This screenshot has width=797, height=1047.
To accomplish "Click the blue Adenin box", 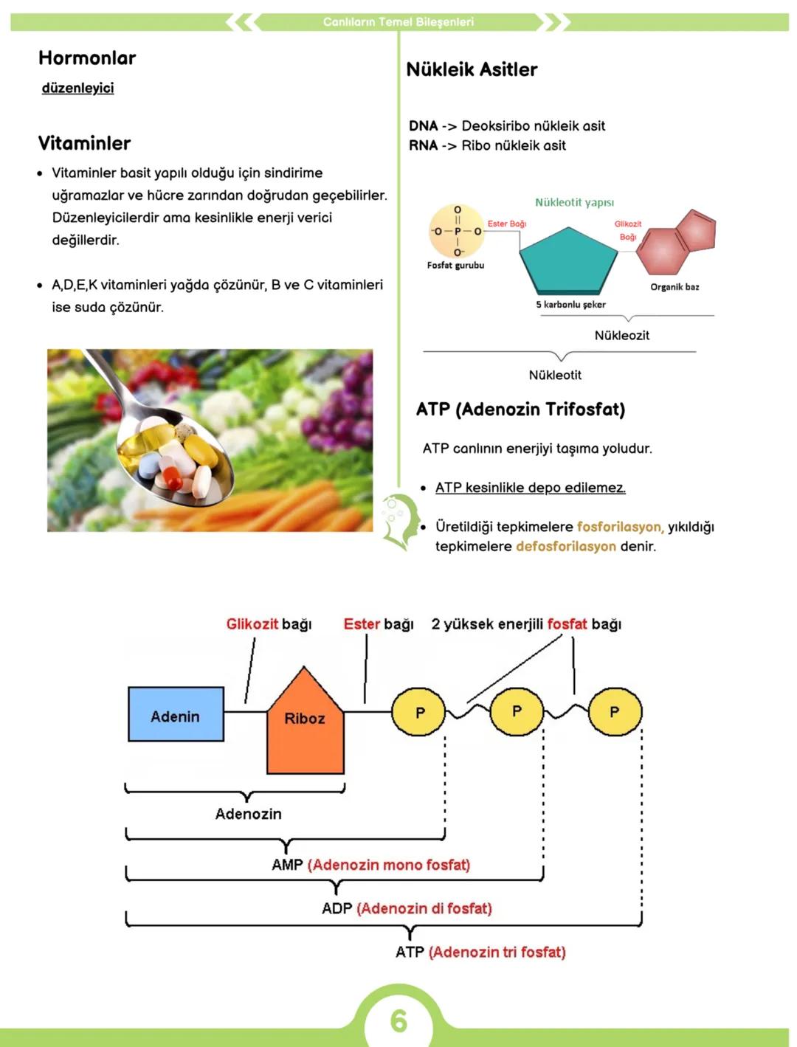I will point(176,714).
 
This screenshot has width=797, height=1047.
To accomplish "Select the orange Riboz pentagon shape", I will point(305,727).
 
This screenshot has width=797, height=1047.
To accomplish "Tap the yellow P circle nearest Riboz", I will point(419,713).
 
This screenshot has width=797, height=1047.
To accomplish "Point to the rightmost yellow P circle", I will point(615,712).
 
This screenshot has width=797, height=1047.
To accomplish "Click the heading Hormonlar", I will point(87,58).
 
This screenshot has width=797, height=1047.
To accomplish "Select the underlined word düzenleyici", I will point(77,89).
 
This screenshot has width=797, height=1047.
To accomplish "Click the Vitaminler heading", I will point(84,143).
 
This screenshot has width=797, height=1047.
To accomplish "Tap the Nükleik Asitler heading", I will point(472,69).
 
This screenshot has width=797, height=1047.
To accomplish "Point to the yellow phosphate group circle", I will point(457,232).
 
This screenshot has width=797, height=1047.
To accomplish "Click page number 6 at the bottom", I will point(398,1020).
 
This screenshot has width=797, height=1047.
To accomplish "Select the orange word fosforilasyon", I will point(620,527).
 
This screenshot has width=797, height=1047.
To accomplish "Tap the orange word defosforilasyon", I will point(565,547).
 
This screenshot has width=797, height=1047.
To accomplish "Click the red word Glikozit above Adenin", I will point(252,624).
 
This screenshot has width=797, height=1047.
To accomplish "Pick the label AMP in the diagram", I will point(287,865).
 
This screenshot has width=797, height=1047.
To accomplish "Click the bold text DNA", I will point(423,126).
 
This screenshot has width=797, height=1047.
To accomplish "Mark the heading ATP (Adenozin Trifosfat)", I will point(520,410).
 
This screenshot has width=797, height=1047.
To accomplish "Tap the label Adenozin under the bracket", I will point(248,814).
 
